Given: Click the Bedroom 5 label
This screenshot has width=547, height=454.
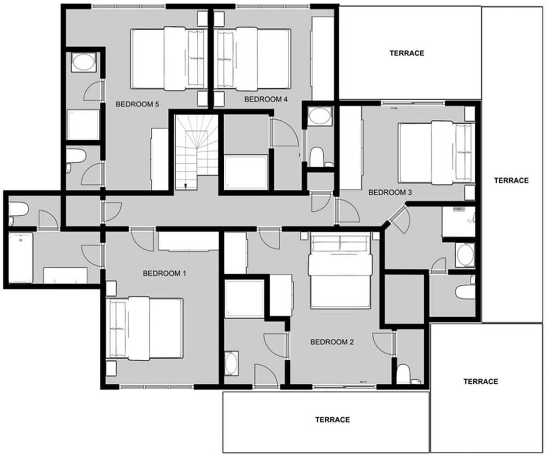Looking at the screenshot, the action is (x=137, y=104).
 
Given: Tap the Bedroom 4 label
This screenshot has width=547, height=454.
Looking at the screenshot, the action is (x=266, y=99).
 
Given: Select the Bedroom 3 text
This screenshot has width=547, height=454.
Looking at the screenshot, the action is (x=390, y=192).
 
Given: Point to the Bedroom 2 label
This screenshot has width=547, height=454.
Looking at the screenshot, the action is (x=332, y=342).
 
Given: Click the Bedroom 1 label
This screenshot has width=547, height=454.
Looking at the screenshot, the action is (x=164, y=273).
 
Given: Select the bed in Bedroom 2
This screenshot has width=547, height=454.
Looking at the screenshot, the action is (x=340, y=271).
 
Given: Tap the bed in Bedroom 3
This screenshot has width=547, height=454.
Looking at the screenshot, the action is (x=437, y=152).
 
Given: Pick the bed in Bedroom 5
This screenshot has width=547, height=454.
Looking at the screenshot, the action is (x=167, y=58).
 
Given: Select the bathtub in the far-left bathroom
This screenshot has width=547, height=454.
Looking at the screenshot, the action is (x=21, y=258).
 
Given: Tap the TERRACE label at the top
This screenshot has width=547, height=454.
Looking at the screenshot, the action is (x=407, y=53).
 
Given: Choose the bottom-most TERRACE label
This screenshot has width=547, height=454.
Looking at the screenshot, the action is (x=333, y=419).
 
